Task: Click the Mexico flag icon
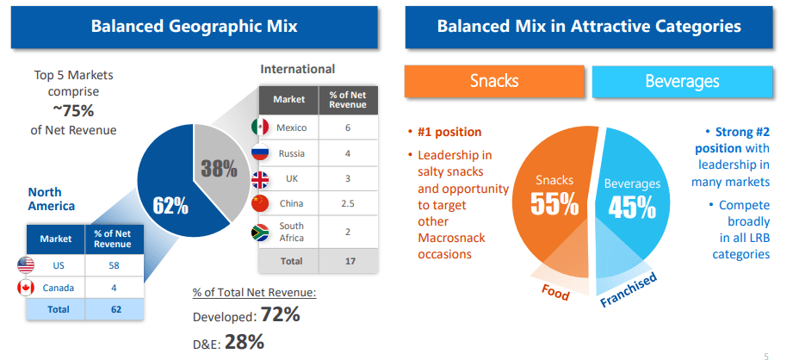(x=260, y=127)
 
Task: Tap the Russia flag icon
(x=260, y=152)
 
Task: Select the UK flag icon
(x=260, y=179)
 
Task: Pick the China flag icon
(x=260, y=203)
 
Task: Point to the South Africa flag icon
(x=260, y=232)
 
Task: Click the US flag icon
(x=26, y=265)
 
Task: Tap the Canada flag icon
(x=26, y=288)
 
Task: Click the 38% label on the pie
(x=219, y=168)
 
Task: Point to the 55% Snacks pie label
(x=554, y=203)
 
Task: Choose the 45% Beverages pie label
(x=632, y=207)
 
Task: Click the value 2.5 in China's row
(x=348, y=204)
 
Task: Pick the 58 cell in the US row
(x=114, y=265)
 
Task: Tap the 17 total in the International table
(x=350, y=262)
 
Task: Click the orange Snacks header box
(x=494, y=81)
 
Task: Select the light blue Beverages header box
(x=682, y=81)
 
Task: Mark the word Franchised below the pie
(x=629, y=289)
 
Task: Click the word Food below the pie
(x=555, y=292)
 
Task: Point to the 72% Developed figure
(x=281, y=314)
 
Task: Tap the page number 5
(x=765, y=356)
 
